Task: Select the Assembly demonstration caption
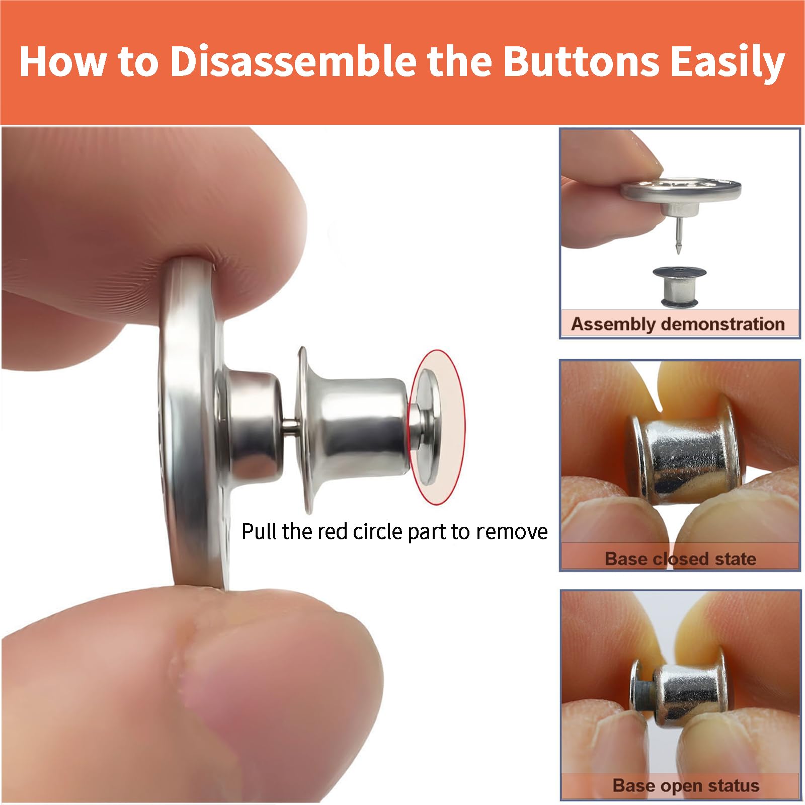click(x=678, y=324)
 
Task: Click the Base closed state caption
click(x=680, y=558)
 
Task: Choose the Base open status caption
click(x=685, y=785)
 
